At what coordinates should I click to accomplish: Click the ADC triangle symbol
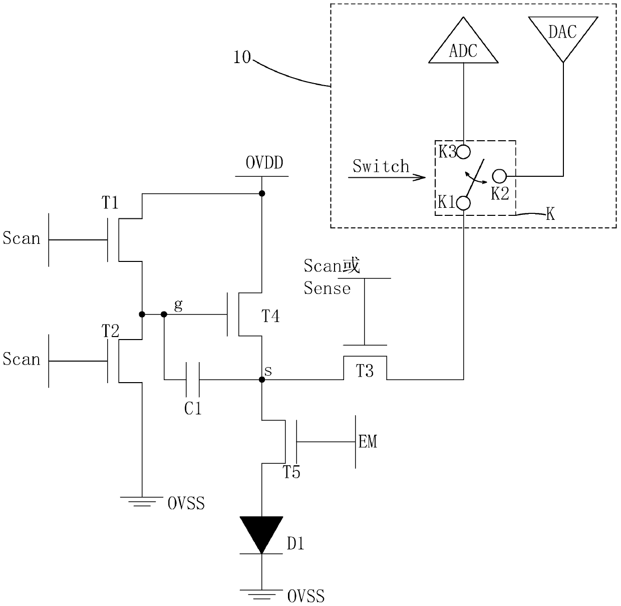[463, 45]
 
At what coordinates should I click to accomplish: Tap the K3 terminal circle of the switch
[463, 152]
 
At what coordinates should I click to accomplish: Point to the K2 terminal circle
[499, 176]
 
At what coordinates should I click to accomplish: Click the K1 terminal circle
[463, 203]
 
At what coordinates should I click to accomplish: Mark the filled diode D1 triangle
[261, 535]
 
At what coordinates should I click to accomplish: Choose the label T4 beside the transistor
[270, 317]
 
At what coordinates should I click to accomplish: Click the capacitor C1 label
[193, 408]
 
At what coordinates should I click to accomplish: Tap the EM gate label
[368, 442]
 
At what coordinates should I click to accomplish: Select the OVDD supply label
[264, 163]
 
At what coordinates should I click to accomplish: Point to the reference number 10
[242, 58]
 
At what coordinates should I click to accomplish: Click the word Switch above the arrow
[381, 166]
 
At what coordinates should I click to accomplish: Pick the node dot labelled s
[262, 380]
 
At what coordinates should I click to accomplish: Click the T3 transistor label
[365, 371]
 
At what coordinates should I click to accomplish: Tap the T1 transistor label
[110, 203]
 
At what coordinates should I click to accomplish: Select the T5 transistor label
[291, 472]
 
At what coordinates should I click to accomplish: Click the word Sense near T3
[327, 288]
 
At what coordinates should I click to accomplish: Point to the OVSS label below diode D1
[305, 596]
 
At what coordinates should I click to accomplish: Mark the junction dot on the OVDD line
[262, 193]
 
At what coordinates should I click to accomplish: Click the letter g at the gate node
[178, 306]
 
